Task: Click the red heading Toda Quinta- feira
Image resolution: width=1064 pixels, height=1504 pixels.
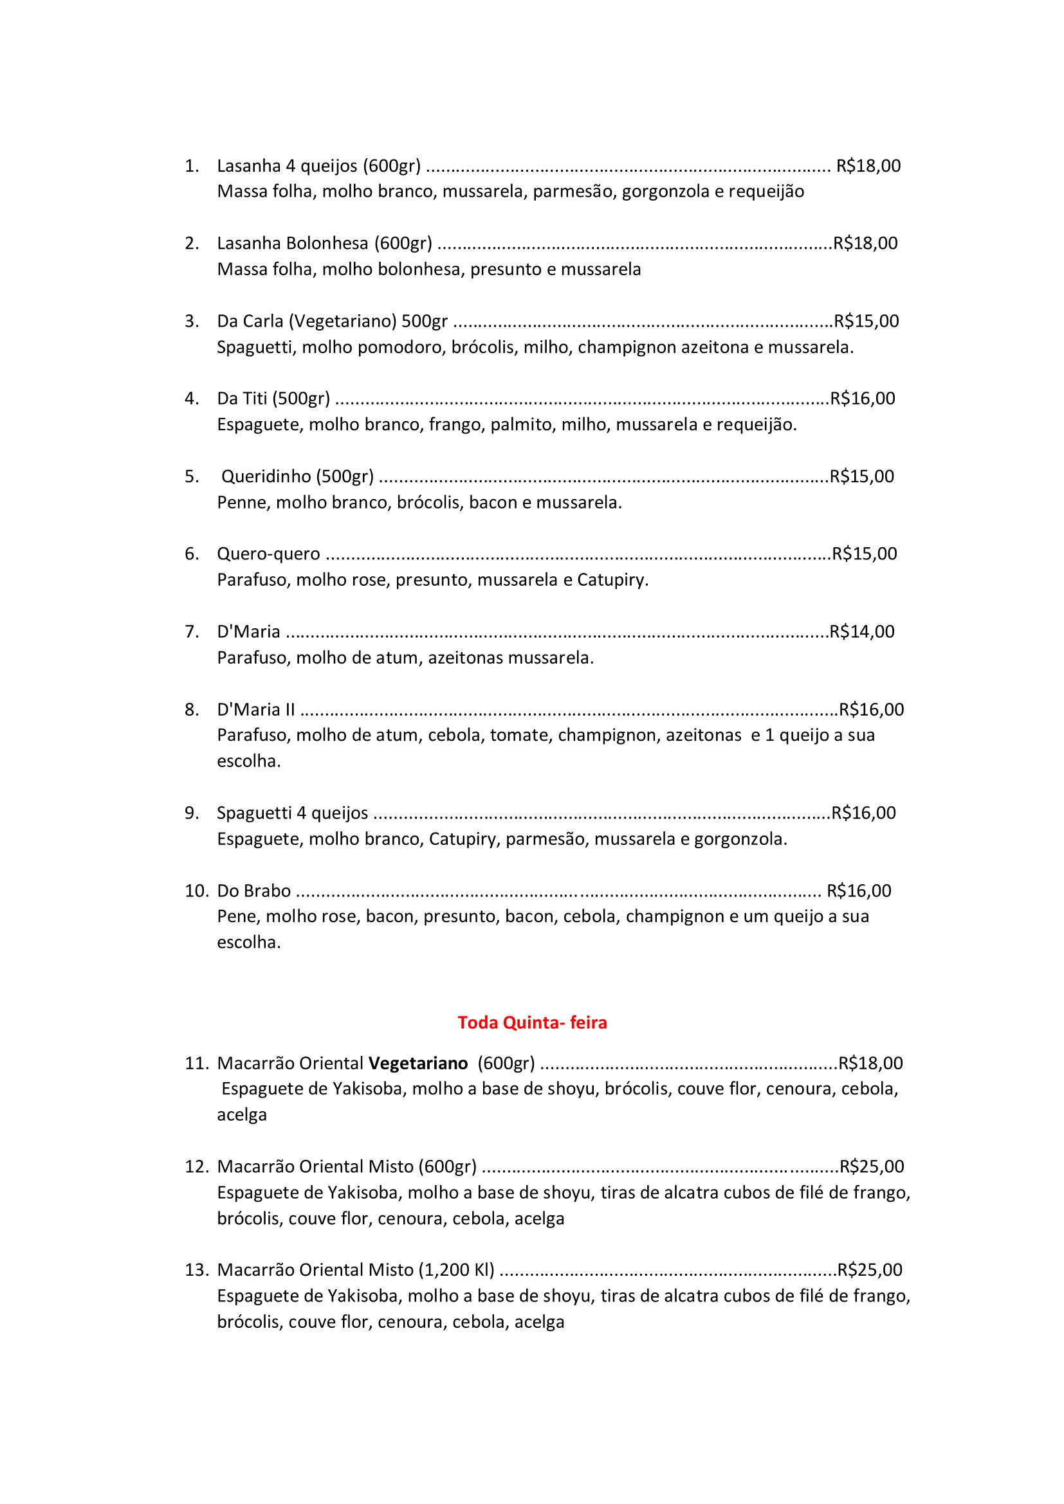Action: tap(532, 1022)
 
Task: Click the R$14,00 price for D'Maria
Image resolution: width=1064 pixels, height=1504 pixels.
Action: tap(861, 631)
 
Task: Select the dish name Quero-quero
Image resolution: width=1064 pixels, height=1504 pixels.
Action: tap(269, 554)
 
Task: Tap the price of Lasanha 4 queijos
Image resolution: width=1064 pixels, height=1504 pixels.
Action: tap(868, 166)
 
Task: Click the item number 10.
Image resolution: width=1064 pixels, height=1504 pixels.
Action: tap(196, 891)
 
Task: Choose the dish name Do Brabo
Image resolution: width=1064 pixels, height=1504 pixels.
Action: tap(253, 891)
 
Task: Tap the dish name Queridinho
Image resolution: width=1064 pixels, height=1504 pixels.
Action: tap(297, 476)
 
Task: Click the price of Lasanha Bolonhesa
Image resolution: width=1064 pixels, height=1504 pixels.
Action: tap(865, 244)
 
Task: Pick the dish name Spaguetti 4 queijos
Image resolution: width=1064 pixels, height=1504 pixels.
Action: tap(292, 813)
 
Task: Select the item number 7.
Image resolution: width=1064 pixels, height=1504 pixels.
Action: tap(191, 631)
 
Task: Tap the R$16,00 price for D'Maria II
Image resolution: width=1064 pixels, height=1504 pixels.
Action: tap(872, 709)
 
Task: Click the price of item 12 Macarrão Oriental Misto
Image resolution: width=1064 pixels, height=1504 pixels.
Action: tap(872, 1166)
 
